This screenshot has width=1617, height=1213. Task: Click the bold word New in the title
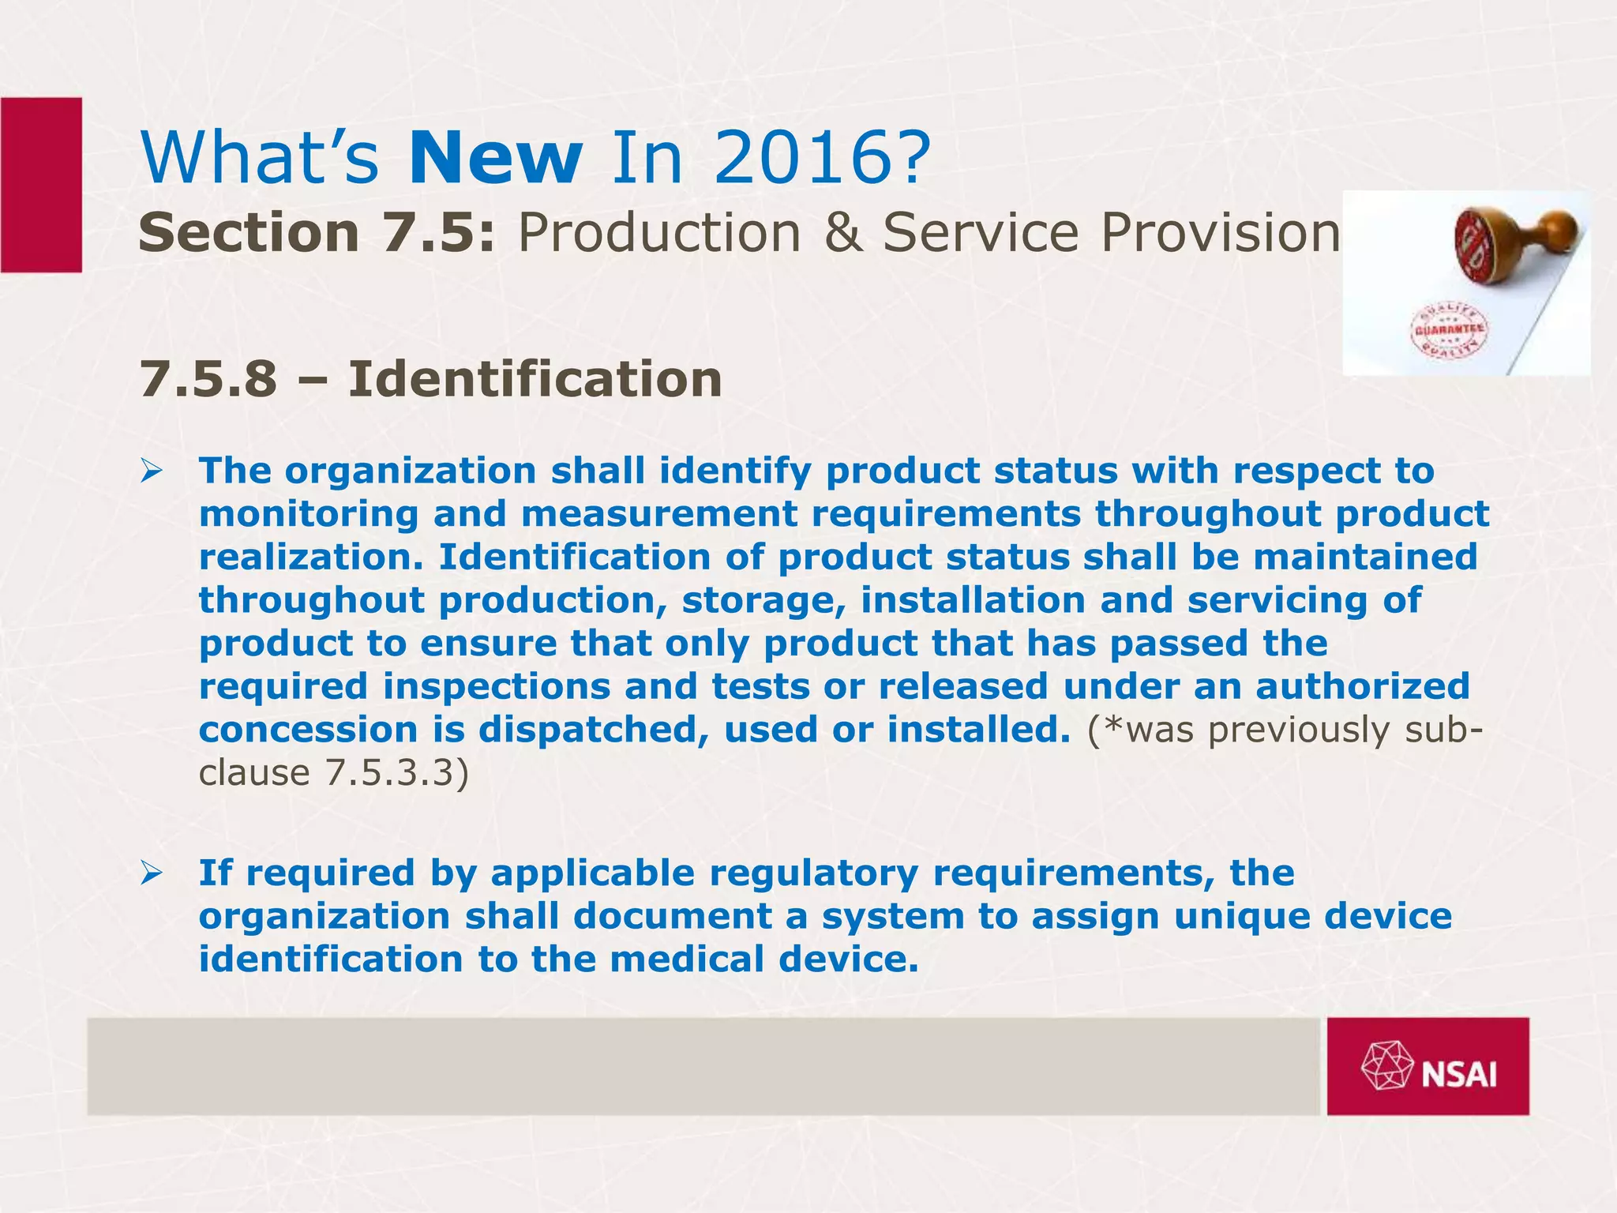pyautogui.click(x=496, y=159)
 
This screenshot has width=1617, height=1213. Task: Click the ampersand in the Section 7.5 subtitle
pyautogui.click(x=842, y=233)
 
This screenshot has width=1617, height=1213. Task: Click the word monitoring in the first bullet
pyautogui.click(x=308, y=515)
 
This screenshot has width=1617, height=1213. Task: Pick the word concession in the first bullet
pyautogui.click(x=308, y=730)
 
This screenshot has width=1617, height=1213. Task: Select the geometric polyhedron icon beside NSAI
pyautogui.click(x=1387, y=1067)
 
